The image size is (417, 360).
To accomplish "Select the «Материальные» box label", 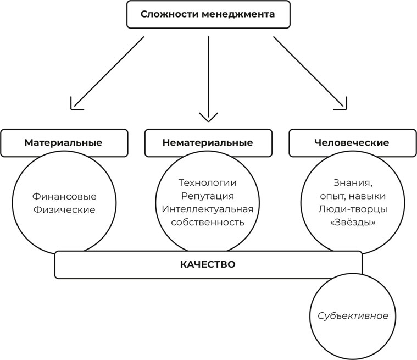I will pyautogui.click(x=63, y=143).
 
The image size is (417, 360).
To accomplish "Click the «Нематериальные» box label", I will pyautogui.click(x=208, y=143).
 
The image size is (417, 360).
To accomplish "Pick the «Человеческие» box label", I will pyautogui.click(x=352, y=143).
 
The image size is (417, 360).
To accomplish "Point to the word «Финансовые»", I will pyautogui.click(x=64, y=196).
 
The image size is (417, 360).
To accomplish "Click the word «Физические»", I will pyautogui.click(x=64, y=209).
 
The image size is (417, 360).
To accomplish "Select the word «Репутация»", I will pyautogui.click(x=207, y=196).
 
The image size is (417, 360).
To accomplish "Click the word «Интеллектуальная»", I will pyautogui.click(x=207, y=209).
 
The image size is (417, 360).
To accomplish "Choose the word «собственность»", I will pyautogui.click(x=207, y=222).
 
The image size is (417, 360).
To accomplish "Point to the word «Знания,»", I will pyautogui.click(x=351, y=182).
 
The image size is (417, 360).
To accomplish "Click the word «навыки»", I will pyautogui.click(x=370, y=196).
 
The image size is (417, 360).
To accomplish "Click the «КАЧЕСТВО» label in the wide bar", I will pyautogui.click(x=208, y=264).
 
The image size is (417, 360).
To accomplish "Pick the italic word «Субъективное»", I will pyautogui.click(x=353, y=316).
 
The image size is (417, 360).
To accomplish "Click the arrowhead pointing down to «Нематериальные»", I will pyautogui.click(x=208, y=117).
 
